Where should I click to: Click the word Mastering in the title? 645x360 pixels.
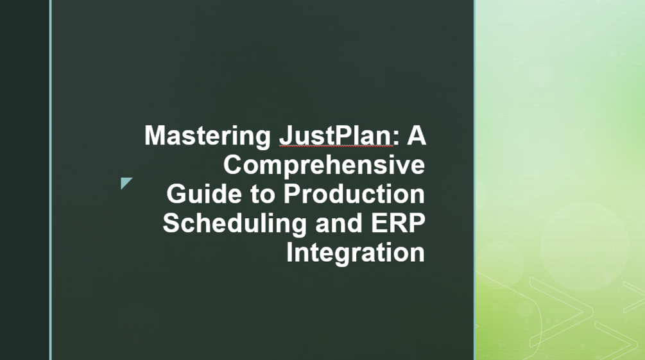click(208, 137)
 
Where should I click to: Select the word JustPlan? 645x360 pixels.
click(335, 137)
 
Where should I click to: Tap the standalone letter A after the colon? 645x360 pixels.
click(416, 136)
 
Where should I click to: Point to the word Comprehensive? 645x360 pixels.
click(323, 166)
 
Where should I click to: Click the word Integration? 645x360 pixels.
click(355, 252)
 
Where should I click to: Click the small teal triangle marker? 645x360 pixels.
click(125, 183)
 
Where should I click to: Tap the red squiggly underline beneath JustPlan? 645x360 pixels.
click(335, 148)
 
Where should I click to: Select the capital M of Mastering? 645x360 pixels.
click(155, 136)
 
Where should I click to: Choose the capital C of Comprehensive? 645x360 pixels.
click(233, 165)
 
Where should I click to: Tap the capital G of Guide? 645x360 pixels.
click(176, 194)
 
